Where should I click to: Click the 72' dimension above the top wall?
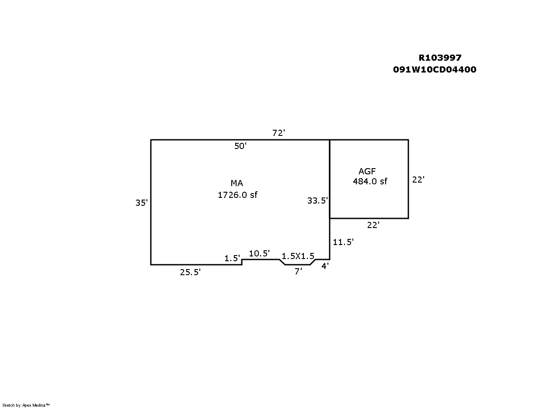pyautogui.click(x=278, y=133)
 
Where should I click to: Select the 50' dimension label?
pyautogui.click(x=240, y=146)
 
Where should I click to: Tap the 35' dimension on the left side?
pyautogui.click(x=142, y=203)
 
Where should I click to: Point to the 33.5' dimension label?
pyautogui.click(x=317, y=201)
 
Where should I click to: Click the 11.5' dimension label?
pyautogui.click(x=343, y=242)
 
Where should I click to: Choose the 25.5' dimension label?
pyautogui.click(x=190, y=272)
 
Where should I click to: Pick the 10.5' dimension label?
pyautogui.click(x=259, y=253)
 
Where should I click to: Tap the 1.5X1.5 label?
pyautogui.click(x=298, y=256)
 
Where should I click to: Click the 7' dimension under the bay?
pyautogui.click(x=298, y=271)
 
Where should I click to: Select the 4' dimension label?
pyautogui.click(x=325, y=266)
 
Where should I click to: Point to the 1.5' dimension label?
pyautogui.click(x=232, y=259)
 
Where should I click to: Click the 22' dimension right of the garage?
pyautogui.click(x=418, y=180)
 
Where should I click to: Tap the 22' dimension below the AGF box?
pyautogui.click(x=373, y=225)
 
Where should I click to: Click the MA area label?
pyautogui.click(x=237, y=183)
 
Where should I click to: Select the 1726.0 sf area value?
pyautogui.click(x=237, y=195)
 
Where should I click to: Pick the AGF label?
pyautogui.click(x=367, y=171)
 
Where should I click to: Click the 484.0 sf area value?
pyautogui.click(x=370, y=181)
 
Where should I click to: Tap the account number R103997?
pyautogui.click(x=440, y=58)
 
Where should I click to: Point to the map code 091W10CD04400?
pyautogui.click(x=435, y=69)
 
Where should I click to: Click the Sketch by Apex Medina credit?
pyautogui.click(x=26, y=405)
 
